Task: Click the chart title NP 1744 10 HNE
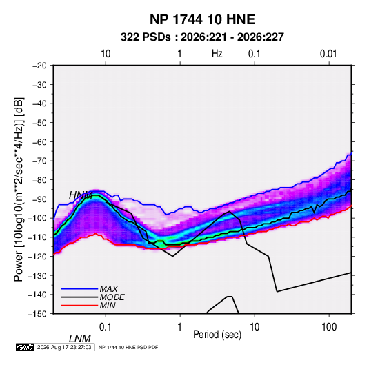(202, 19)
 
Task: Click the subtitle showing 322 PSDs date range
(202, 37)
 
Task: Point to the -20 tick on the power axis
(39, 66)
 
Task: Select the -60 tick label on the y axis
(39, 141)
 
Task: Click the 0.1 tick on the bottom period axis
(106, 327)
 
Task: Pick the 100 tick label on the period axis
(329, 327)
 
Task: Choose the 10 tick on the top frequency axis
(106, 54)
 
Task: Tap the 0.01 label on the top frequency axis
(328, 54)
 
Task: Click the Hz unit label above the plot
(217, 54)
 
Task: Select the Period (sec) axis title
(217, 335)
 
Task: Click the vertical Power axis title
(19, 189)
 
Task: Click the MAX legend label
(109, 289)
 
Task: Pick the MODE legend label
(112, 297)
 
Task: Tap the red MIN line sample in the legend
(79, 306)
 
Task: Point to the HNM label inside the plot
(81, 195)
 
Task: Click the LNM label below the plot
(80, 339)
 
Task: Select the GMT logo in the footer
(26, 347)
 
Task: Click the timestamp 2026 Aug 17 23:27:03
(64, 347)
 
